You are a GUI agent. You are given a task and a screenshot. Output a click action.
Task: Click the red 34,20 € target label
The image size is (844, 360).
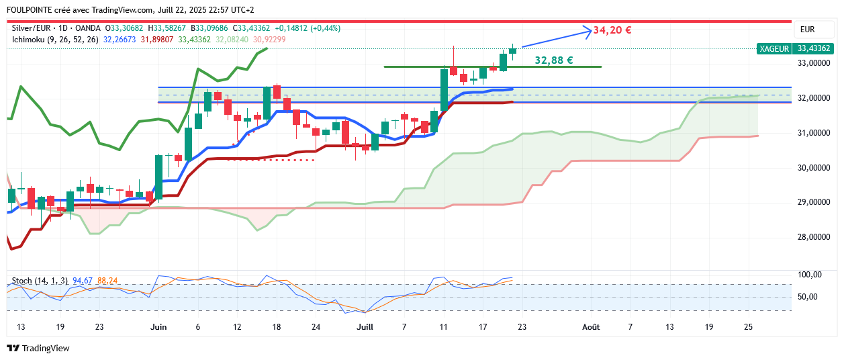pos(612,30)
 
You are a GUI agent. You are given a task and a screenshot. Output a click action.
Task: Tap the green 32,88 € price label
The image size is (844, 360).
pos(553,60)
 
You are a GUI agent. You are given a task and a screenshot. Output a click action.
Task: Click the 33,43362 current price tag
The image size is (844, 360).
pos(814,48)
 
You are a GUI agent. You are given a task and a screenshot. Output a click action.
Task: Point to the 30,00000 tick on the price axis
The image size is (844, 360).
pos(813,168)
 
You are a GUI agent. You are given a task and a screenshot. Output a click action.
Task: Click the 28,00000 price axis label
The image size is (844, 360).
pos(813,237)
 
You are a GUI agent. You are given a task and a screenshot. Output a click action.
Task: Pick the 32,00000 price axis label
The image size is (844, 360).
pos(813,98)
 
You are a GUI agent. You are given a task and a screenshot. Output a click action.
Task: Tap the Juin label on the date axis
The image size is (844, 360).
pos(158,327)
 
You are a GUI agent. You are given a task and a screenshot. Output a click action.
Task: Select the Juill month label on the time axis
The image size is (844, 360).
pos(365,327)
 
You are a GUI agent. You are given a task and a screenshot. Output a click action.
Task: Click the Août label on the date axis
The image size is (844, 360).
pos(591,327)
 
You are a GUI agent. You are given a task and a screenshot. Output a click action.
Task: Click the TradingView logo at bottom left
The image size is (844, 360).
pos(38,348)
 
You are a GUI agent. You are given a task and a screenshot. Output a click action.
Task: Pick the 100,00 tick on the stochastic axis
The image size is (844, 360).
pos(808,275)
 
